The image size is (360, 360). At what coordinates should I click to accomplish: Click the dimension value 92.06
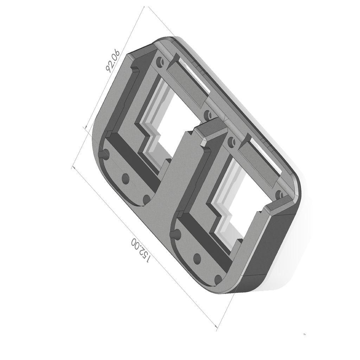point(113,61)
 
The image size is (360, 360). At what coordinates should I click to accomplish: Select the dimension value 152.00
point(141,250)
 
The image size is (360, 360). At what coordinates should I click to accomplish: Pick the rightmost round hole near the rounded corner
point(279,194)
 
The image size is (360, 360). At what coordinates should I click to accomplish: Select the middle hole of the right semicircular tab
point(197,259)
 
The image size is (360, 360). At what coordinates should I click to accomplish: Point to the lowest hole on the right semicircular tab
point(218,279)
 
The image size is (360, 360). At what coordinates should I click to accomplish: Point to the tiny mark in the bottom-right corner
point(304,334)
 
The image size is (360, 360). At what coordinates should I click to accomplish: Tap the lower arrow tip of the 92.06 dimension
point(85,127)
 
